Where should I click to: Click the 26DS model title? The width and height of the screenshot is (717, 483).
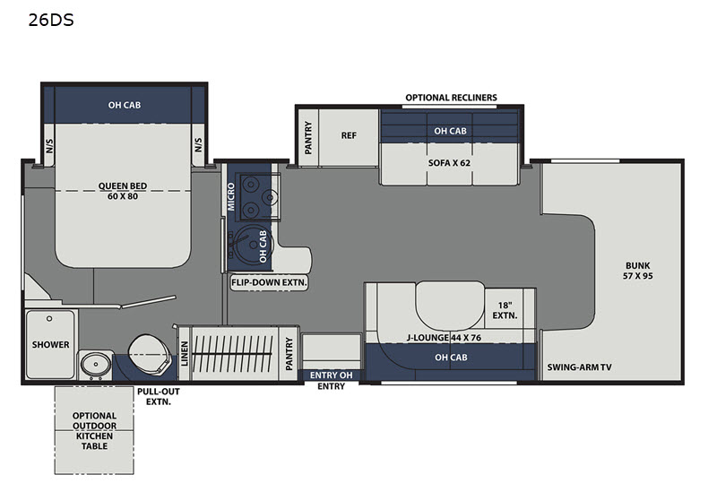(x=51, y=20)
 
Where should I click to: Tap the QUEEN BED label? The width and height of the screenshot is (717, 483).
(x=123, y=186)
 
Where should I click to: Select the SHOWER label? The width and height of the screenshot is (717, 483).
(x=51, y=344)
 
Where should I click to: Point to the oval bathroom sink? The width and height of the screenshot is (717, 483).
(x=96, y=365)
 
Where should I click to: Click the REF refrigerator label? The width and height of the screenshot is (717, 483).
(x=349, y=135)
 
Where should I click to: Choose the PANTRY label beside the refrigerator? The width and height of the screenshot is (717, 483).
(x=308, y=138)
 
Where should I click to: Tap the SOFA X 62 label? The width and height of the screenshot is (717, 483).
(x=449, y=163)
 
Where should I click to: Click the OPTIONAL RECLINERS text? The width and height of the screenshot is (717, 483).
(x=451, y=98)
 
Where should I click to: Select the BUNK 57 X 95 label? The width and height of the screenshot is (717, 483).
(x=637, y=271)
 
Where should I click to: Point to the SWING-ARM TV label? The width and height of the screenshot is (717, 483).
(x=579, y=367)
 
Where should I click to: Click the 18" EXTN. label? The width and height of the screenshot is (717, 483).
(x=505, y=310)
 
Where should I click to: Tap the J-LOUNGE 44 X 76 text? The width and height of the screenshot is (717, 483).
(x=444, y=338)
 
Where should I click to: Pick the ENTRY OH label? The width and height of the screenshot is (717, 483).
(x=331, y=375)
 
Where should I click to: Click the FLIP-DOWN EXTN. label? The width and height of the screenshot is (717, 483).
(x=269, y=282)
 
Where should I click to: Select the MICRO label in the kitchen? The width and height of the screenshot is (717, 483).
(x=231, y=196)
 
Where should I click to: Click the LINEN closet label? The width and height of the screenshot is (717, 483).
(x=185, y=354)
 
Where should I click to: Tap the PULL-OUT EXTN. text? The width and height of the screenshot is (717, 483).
(x=159, y=397)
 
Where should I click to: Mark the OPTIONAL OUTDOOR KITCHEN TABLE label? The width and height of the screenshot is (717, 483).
(x=95, y=431)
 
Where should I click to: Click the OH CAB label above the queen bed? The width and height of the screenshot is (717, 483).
(x=125, y=105)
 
